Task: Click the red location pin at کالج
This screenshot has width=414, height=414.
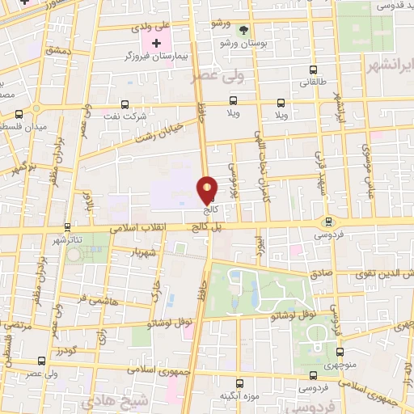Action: point(208,190)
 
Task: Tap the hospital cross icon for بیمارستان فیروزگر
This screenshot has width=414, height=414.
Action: point(157,42)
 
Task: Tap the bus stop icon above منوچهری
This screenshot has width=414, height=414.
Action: point(340,352)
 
